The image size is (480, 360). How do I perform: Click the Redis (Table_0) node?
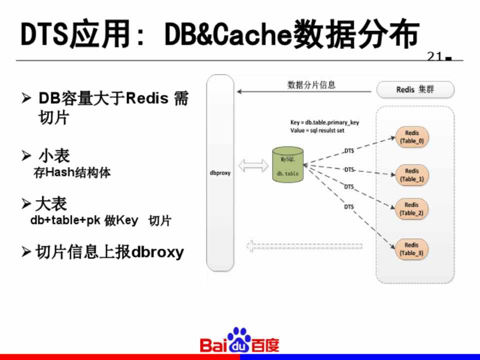tap(412, 137)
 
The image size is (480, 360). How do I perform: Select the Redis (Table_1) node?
tap(412, 174)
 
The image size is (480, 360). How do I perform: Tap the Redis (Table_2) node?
tap(411, 209)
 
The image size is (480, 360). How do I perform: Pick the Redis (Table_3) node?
tap(411, 249)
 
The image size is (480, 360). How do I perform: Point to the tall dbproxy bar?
tap(220, 173)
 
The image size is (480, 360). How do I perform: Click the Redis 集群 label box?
tap(415, 90)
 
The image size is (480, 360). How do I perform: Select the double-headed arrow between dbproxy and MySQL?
tap(253, 165)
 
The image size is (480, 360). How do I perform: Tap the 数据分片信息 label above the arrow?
tap(311, 85)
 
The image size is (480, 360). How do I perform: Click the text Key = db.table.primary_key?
tap(324, 122)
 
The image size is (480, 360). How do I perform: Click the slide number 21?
tap(434, 56)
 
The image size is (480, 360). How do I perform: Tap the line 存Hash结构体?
tap(72, 173)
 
